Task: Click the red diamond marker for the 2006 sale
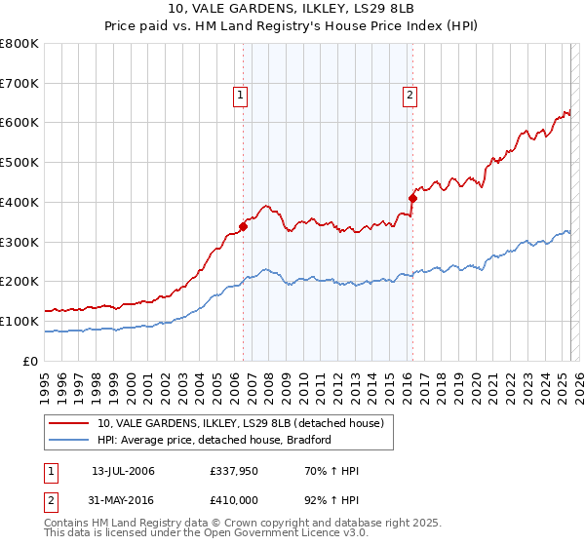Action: click(x=243, y=226)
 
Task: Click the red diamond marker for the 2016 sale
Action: click(x=412, y=198)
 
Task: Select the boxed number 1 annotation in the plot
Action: click(x=239, y=95)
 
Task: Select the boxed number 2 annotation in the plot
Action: click(x=409, y=95)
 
